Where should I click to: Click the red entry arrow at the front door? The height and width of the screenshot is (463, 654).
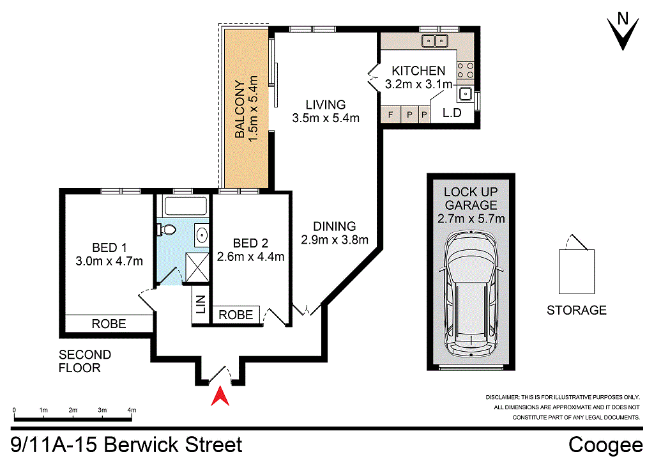(220, 396)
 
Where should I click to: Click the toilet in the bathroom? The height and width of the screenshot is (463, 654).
(168, 229)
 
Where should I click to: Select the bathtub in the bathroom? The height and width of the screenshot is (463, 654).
(186, 207)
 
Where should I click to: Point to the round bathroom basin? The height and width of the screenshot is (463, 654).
(201, 234)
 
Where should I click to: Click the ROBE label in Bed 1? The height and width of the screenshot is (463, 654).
(109, 324)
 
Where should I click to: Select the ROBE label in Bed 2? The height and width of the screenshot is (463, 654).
(236, 315)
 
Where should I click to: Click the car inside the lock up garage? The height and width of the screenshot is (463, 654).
(471, 295)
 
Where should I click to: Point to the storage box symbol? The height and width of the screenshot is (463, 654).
(577, 268)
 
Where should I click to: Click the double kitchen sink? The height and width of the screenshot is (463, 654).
(436, 42)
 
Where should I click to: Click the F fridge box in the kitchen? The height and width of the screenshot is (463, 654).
(390, 115)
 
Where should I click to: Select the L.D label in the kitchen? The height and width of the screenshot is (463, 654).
(453, 115)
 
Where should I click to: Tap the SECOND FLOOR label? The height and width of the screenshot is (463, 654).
(85, 361)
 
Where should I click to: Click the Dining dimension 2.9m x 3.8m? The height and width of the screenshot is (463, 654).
(335, 240)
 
